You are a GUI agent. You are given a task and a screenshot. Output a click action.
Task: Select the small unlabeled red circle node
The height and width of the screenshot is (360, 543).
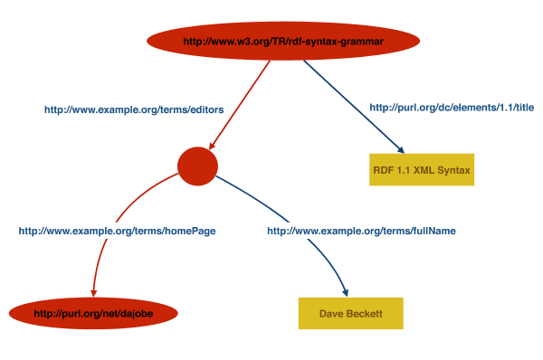tap(197, 165)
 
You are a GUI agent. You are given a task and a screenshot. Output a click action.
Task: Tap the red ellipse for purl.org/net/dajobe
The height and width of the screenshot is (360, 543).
tap(93, 313)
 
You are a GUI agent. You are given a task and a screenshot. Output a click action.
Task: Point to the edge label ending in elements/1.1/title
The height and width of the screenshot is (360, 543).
tap(452, 108)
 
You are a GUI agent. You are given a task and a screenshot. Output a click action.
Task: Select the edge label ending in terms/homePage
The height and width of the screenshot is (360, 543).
tap(117, 231)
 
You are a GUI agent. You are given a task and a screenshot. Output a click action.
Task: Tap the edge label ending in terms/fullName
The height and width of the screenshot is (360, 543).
tap(360, 231)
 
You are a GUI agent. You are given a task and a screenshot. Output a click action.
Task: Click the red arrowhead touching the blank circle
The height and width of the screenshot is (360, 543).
tap(211, 145)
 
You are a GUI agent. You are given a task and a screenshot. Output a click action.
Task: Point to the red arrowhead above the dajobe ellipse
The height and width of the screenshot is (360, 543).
tap(93, 291)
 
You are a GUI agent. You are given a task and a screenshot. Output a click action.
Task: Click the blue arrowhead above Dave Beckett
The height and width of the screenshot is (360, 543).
tap(345, 289)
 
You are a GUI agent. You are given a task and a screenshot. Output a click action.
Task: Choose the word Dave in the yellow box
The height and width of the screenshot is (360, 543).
tap(332, 313)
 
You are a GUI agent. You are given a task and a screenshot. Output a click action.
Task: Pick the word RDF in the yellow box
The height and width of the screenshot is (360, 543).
tap(383, 169)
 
